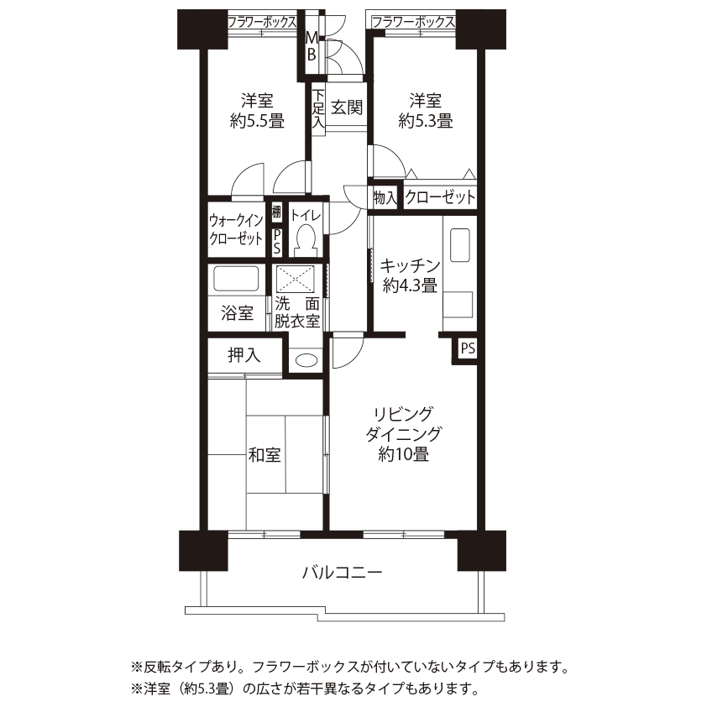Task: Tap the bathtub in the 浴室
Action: [236, 279]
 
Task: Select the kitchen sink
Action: [460, 245]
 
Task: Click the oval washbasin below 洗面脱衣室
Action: [306, 360]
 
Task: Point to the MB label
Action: [312, 46]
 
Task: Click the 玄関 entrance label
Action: [347, 107]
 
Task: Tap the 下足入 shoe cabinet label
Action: [318, 108]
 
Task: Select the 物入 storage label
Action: [385, 197]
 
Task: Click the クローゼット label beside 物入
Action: [440, 197]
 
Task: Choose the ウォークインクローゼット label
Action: [236, 229]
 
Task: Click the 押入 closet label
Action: [244, 355]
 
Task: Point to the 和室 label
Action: [264, 454]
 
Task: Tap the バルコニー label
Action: [343, 573]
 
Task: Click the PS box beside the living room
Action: [468, 348]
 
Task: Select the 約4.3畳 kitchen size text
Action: [410, 285]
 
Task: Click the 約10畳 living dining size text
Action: [404, 454]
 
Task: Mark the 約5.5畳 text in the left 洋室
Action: [257, 121]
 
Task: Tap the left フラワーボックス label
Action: [262, 22]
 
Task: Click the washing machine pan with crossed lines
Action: [295, 279]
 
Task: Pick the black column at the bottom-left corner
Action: [203, 551]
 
